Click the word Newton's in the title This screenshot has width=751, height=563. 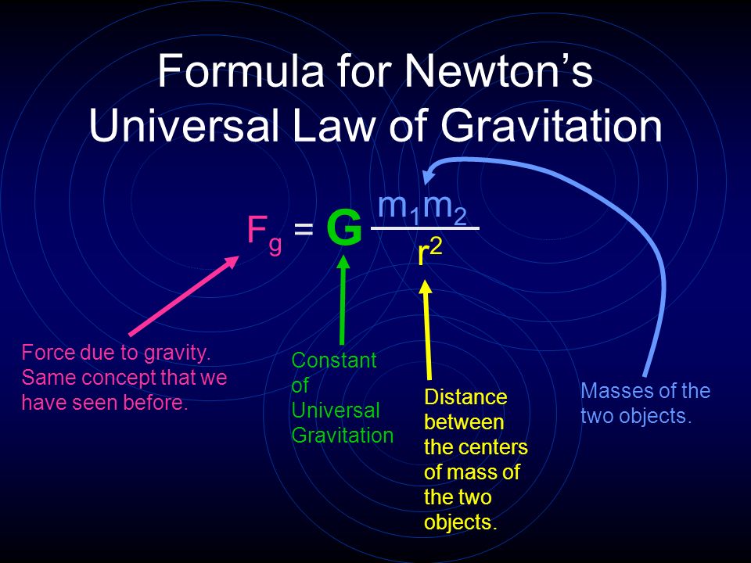498,70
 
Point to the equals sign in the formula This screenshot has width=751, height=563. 304,229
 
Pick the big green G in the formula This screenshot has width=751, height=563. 344,229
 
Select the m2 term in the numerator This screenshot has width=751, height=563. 445,209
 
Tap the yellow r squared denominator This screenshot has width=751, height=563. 429,253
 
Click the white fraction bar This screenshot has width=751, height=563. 426,228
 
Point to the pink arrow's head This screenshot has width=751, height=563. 231,263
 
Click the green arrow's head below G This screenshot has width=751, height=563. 343,264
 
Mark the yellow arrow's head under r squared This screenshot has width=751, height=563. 426,287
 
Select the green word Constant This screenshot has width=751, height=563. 334,360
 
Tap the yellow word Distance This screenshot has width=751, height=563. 465,397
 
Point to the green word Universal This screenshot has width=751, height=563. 336,411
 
